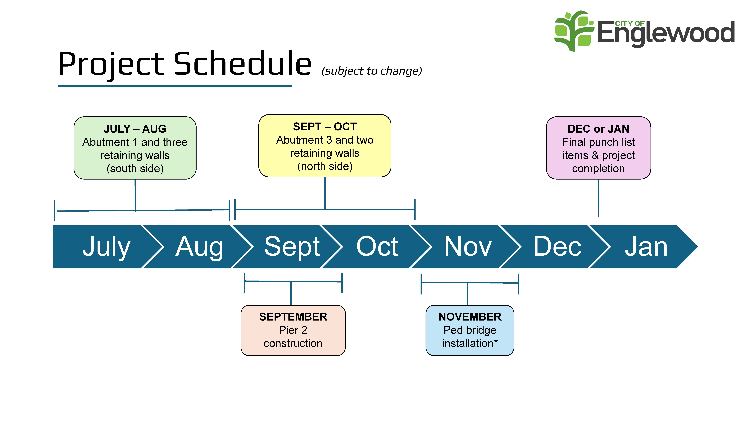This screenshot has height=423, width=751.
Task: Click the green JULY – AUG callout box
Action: coord(135,148)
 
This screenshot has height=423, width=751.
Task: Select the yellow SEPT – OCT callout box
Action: coord(325,146)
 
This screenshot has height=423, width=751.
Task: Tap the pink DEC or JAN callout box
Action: coord(599,148)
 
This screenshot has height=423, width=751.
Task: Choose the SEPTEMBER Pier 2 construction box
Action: coord(293,330)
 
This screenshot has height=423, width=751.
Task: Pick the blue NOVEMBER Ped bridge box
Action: coord(470,330)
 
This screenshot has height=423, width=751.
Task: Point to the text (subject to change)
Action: coord(372,71)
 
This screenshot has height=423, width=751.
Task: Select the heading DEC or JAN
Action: coord(599,129)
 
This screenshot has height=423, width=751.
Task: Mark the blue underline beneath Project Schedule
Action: coord(175,86)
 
